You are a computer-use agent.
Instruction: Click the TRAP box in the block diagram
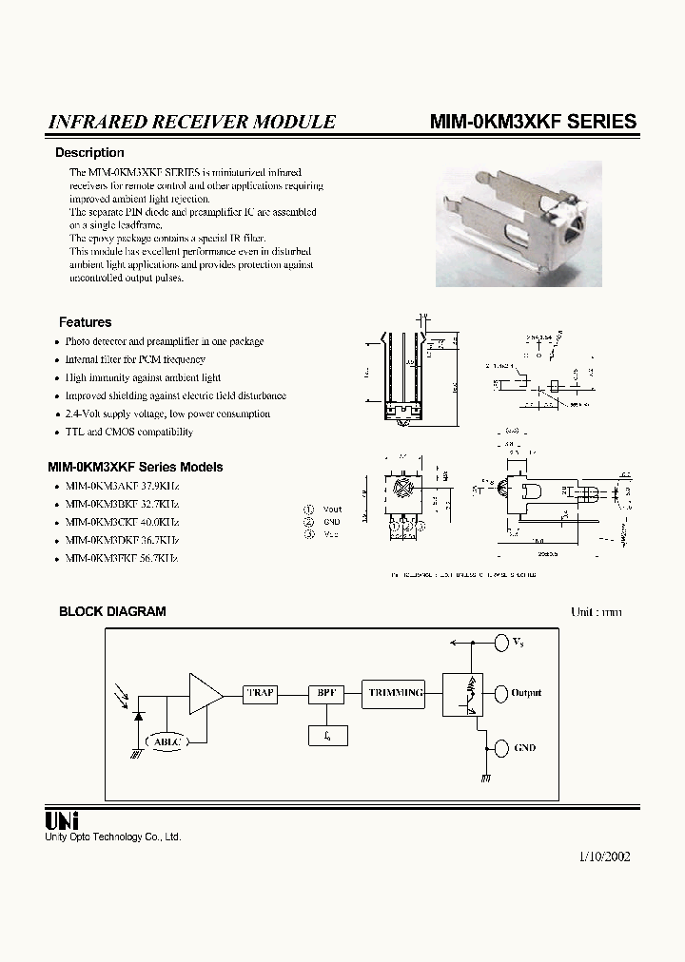(x=260, y=693)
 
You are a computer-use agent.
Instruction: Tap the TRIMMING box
(x=395, y=693)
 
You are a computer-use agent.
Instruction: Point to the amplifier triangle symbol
(x=205, y=693)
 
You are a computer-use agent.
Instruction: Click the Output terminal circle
(x=501, y=693)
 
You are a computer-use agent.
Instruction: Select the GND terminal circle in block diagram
(x=501, y=748)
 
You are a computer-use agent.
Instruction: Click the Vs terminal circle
(x=501, y=644)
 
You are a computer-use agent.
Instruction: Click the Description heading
(x=89, y=153)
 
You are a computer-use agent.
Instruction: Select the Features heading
(x=85, y=322)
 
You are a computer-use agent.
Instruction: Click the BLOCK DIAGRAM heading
(x=112, y=611)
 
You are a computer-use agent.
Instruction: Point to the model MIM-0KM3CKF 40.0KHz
(x=122, y=522)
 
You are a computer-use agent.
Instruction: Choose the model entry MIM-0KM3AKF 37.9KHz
(x=122, y=486)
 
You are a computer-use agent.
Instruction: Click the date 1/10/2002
(x=603, y=856)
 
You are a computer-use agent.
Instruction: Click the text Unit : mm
(x=596, y=611)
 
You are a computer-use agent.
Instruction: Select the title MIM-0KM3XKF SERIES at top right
(x=533, y=122)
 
